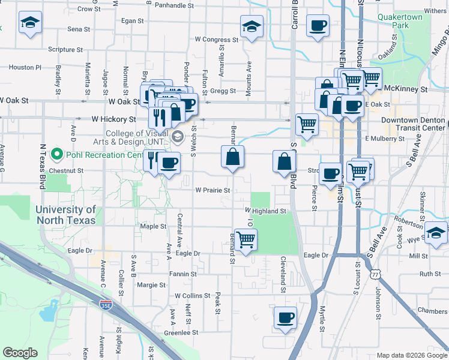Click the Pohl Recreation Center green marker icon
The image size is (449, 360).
coord(58,155)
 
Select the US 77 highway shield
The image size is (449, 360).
coord(375,274)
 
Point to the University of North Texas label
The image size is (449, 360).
coord(65,215)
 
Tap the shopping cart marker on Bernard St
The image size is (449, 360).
coord(246,239)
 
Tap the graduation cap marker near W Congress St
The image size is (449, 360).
coord(252,26)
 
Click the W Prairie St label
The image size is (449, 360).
coord(212,190)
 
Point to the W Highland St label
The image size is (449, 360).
coord(265,211)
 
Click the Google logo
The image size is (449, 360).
coord(20,353)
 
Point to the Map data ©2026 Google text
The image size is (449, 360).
coord(411,355)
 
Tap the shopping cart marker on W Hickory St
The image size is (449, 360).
coord(307,124)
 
